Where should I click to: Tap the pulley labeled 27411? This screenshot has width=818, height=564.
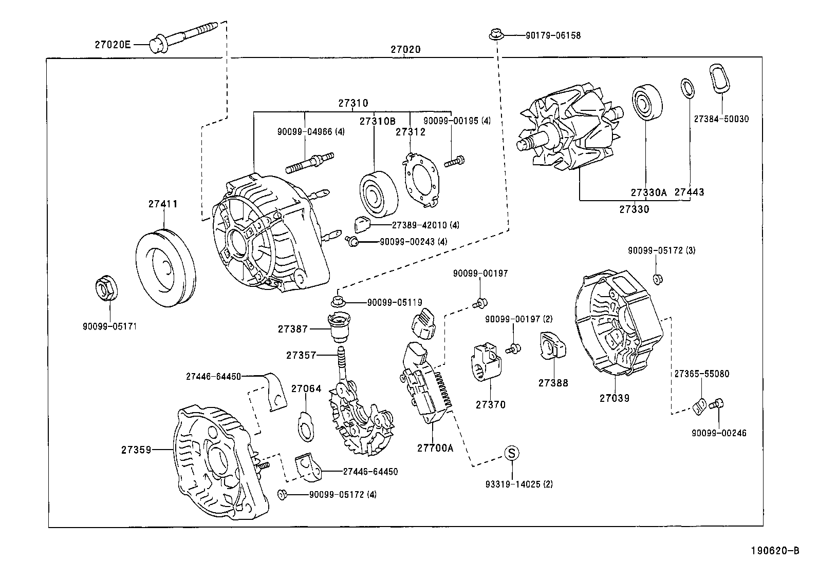165,269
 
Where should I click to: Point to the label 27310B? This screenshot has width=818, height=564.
377,121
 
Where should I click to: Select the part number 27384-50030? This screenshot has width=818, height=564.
721,119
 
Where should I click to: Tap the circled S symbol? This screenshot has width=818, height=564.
511,453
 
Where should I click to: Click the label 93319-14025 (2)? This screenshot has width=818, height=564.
519,484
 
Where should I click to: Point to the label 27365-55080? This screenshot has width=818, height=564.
701,374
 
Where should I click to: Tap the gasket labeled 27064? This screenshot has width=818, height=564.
306,425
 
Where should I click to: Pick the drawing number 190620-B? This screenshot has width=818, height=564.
775,551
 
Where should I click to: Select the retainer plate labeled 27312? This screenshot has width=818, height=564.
421,180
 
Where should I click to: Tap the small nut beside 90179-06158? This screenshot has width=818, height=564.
495,35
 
